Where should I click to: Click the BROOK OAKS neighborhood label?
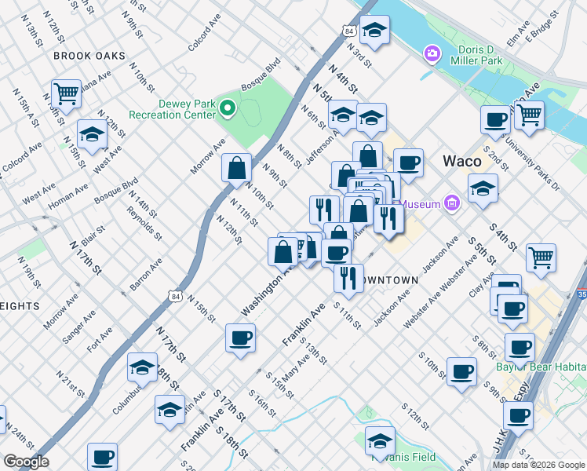coord(89,56)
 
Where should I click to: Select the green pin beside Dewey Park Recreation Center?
coord(228,108)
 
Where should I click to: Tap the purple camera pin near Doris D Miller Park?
coord(431,53)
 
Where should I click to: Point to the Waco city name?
coord(461,161)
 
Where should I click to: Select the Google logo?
coord(26,462)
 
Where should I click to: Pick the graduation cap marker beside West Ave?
coord(93,133)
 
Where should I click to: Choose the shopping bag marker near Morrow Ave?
coord(236,168)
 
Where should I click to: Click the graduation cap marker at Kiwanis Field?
coord(380,440)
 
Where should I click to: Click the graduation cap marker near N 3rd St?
coord(375,31)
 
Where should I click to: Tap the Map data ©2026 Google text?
coord(538,465)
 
